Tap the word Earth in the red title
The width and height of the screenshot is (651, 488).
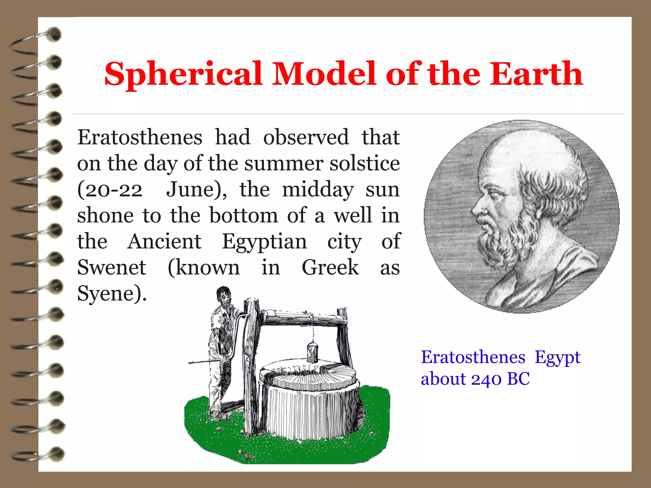[536, 74]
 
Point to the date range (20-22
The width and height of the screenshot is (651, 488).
[110, 190]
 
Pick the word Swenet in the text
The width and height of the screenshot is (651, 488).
[112, 268]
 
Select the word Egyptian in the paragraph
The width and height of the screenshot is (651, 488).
[264, 242]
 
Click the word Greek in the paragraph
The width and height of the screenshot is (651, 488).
[330, 268]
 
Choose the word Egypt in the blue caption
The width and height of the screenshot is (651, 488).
[558, 357]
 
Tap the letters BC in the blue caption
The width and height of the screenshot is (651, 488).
[518, 379]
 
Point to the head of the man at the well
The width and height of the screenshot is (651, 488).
[224, 295]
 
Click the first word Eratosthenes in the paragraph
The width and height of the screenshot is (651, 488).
[140, 138]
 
